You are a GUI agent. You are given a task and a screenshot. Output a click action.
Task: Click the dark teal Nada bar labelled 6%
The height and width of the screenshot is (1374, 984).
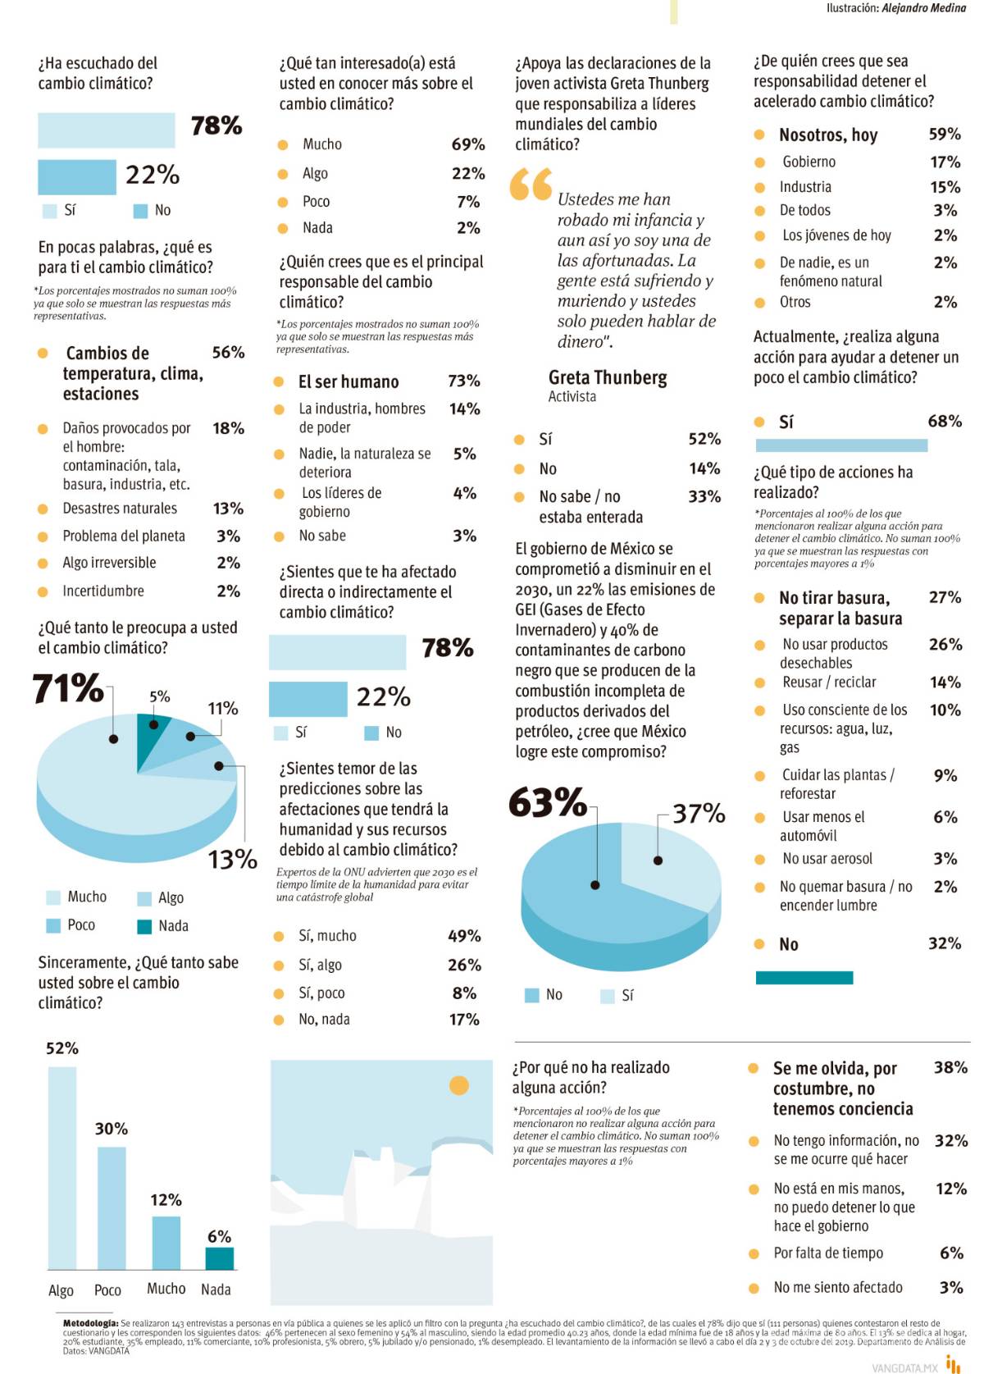pyautogui.click(x=219, y=1258)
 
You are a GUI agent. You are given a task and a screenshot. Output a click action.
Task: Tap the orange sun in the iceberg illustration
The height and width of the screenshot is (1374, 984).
pyautogui.click(x=458, y=1085)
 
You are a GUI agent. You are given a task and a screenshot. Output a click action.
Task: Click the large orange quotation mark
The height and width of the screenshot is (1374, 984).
pyautogui.click(x=531, y=185)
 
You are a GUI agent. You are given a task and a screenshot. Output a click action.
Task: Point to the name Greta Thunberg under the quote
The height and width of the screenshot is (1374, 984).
pyautogui.click(x=607, y=378)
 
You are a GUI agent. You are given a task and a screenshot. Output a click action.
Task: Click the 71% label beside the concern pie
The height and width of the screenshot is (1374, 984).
pyautogui.click(x=68, y=688)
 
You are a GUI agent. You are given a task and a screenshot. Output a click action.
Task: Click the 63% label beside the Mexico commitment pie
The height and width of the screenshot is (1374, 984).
pyautogui.click(x=547, y=802)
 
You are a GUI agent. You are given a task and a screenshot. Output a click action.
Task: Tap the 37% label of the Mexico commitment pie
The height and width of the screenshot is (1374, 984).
pyautogui.click(x=699, y=814)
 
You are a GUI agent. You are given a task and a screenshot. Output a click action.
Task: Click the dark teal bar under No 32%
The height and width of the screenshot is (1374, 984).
pyautogui.click(x=804, y=978)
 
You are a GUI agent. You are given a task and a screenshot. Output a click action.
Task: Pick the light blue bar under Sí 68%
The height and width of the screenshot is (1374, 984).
pyautogui.click(x=840, y=445)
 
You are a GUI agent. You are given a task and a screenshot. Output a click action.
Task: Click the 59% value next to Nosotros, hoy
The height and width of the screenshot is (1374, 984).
pyautogui.click(x=945, y=134)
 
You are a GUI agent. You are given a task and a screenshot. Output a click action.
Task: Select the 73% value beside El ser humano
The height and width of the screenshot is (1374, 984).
pyautogui.click(x=464, y=381)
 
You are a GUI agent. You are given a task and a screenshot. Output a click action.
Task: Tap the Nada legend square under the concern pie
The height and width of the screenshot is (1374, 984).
pyautogui.click(x=144, y=926)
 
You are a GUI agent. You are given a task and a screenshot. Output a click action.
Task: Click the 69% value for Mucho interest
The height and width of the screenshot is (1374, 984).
pyautogui.click(x=467, y=144)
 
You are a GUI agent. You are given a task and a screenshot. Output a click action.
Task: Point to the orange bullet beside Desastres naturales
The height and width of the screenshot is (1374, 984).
pyautogui.click(x=43, y=509)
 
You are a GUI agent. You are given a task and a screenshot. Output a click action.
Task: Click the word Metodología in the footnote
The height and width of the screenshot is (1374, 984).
pyautogui.click(x=90, y=1323)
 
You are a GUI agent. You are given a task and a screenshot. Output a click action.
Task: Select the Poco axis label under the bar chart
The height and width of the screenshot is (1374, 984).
pyautogui.click(x=107, y=1290)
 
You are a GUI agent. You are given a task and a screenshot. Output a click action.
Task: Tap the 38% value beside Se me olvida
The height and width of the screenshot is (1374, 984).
pyautogui.click(x=950, y=1067)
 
